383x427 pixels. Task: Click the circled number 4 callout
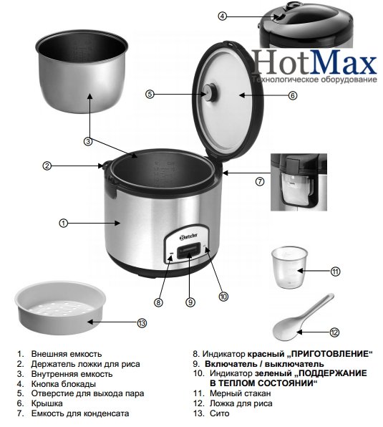(x=222, y=16)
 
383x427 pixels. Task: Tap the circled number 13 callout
(x=142, y=323)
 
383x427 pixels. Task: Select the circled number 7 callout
(x=260, y=181)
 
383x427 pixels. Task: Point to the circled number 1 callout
(x=63, y=224)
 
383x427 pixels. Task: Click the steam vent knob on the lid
(x=210, y=92)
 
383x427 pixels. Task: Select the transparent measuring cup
(x=289, y=267)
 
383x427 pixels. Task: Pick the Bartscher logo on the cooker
(x=188, y=236)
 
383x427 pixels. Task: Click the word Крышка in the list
(x=47, y=403)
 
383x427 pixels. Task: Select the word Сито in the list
(x=220, y=413)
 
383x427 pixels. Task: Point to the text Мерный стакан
(x=241, y=393)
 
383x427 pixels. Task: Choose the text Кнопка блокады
(x=64, y=384)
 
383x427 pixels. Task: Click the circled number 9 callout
(x=190, y=302)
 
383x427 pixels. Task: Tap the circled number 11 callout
(x=335, y=272)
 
